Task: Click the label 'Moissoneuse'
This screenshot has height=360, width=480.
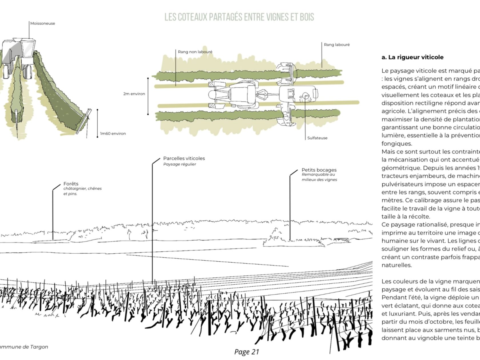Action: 43,23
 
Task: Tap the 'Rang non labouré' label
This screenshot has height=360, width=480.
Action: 195,52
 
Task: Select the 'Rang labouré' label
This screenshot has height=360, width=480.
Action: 337,45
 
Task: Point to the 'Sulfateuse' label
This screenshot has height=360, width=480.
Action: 317,138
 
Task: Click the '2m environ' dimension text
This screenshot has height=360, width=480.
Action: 134,94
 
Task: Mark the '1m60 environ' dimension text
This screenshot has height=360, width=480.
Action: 113,133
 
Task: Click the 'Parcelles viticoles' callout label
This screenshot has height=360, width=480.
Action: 184,158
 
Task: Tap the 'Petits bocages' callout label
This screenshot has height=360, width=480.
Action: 319,170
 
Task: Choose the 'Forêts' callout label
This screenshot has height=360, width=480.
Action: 71,184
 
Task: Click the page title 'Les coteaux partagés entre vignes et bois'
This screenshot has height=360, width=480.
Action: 239,17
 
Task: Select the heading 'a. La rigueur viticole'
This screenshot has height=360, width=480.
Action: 412,57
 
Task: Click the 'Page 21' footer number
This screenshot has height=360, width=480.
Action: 247,352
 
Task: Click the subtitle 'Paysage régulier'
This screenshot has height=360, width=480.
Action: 180,164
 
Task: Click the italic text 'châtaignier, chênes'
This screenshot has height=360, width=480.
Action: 82,189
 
